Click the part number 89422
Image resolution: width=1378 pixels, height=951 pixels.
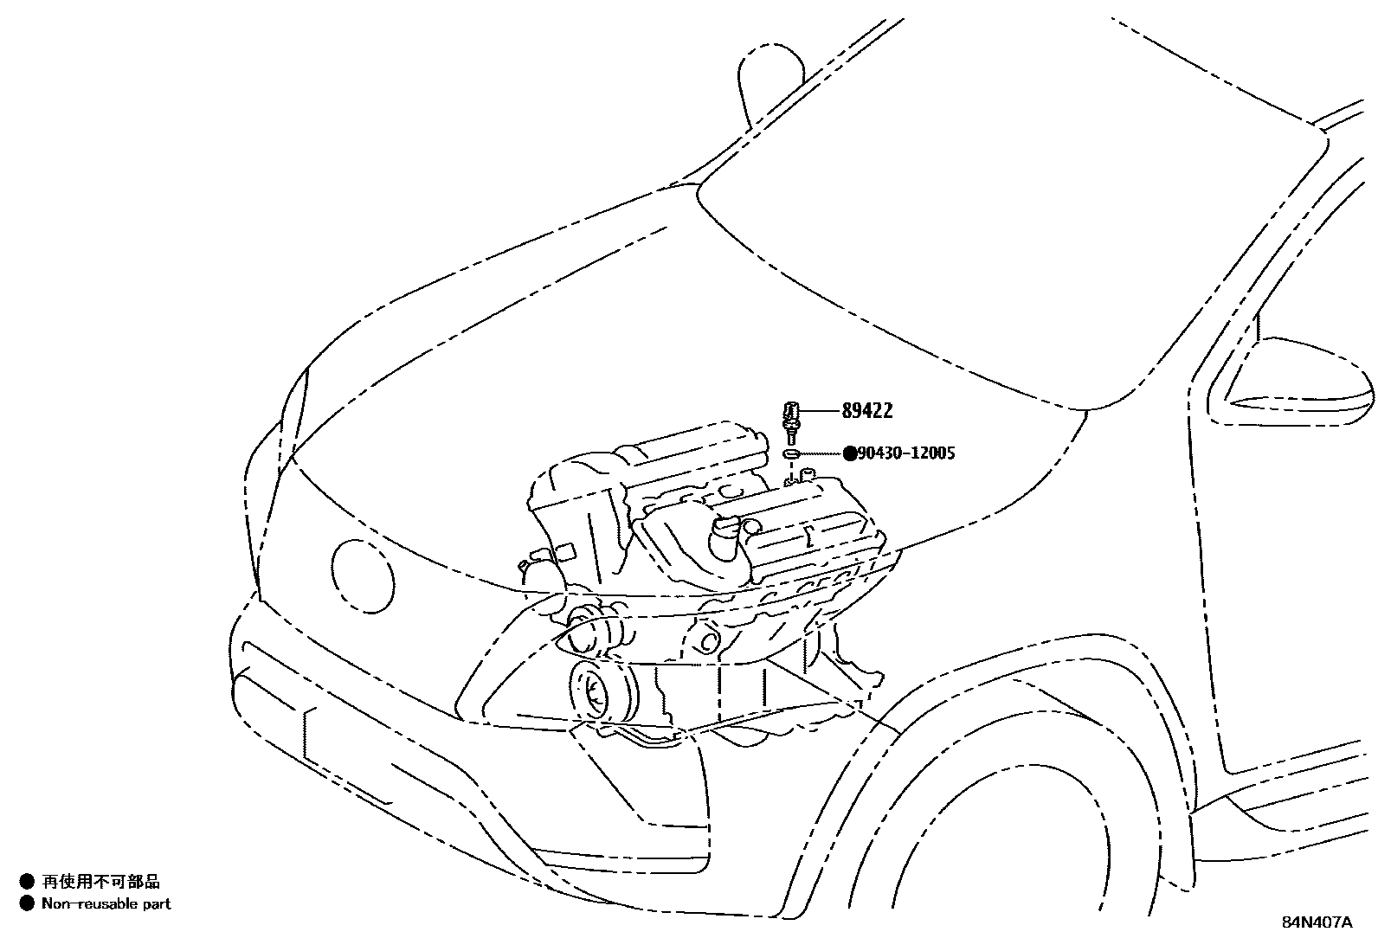point(866,412)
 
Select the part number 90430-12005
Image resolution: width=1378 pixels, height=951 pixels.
point(905,453)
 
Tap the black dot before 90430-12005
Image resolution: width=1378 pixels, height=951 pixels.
point(849,453)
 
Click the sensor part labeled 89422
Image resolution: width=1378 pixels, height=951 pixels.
point(790,419)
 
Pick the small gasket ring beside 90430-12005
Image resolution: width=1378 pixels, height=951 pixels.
point(791,453)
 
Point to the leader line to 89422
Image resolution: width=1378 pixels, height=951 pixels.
point(818,411)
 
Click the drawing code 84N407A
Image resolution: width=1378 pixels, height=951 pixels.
point(1317,922)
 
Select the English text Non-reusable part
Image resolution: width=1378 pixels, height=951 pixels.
point(106,904)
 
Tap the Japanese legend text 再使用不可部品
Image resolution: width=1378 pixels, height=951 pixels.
point(101,882)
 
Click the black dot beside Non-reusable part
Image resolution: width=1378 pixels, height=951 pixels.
point(27,904)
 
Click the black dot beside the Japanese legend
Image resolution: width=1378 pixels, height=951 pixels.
point(27,882)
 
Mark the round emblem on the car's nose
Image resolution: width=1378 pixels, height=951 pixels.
point(363,575)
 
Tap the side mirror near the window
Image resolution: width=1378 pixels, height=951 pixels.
point(1294,382)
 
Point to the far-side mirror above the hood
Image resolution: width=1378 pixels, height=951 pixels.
point(769,82)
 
